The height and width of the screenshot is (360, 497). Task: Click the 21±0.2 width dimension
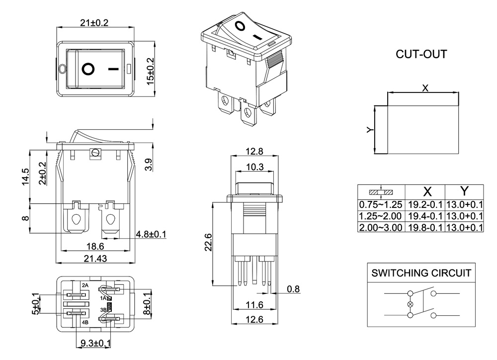coord(94,23)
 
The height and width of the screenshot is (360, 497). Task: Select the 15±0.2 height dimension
coord(151,71)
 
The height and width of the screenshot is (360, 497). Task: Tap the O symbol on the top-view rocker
coord(88,69)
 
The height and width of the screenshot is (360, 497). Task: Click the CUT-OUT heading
coord(421,54)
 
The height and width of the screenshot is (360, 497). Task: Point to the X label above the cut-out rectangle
coord(425,88)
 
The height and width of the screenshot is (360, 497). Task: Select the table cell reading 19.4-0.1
coord(425,216)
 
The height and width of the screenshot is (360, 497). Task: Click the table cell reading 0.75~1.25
coord(381,204)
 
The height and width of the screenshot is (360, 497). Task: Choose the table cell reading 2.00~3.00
coord(381,227)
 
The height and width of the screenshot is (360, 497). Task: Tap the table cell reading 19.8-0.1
coord(425,227)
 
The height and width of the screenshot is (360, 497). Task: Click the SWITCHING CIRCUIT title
coord(420,273)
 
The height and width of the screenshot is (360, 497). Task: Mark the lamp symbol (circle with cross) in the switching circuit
coord(411,304)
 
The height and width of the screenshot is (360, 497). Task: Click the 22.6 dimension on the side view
coord(209,243)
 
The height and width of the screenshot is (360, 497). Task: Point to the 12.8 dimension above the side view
coord(254,152)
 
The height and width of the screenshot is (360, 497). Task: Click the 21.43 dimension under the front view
coord(94,258)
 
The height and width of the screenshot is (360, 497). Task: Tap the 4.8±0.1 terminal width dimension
coord(151,234)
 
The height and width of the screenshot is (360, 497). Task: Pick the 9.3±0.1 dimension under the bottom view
coord(95,343)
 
